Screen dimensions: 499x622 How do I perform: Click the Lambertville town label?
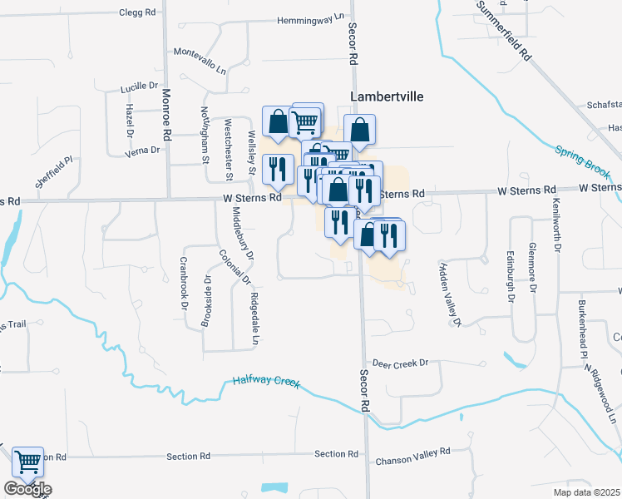[x=387, y=96]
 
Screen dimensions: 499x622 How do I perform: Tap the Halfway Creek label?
[x=265, y=382]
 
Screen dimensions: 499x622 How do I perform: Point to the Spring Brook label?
[x=581, y=160]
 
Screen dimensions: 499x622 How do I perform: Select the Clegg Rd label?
[x=137, y=13]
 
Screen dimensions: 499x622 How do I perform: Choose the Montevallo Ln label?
[x=200, y=52]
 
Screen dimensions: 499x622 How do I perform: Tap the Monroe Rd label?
[x=166, y=115]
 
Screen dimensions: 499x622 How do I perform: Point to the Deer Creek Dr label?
[x=399, y=363]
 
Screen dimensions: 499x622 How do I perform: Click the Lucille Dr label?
[x=139, y=86]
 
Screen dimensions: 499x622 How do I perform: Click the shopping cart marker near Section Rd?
[x=28, y=461]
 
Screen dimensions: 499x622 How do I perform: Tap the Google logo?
[x=27, y=489]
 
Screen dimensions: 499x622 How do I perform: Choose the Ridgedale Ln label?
[x=254, y=318]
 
